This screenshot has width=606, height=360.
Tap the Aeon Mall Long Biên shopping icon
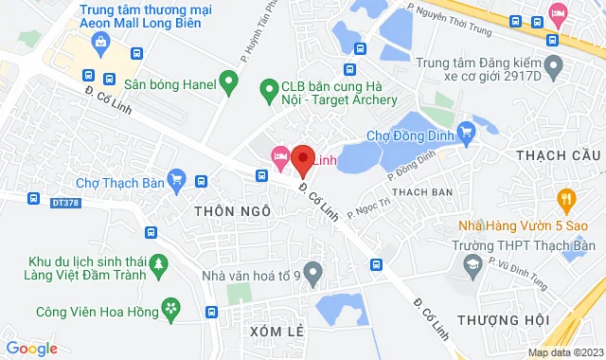[x=100, y=42]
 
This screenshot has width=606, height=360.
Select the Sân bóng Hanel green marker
[x=226, y=80]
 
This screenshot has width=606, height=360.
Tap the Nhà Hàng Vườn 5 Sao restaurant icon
[x=567, y=198]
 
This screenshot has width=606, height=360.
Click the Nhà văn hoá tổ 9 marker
[x=313, y=276]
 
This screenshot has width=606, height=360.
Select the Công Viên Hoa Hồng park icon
[x=170, y=307]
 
